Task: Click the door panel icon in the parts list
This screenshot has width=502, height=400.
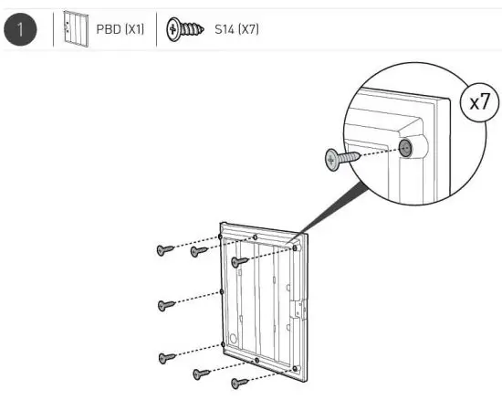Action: (70, 29)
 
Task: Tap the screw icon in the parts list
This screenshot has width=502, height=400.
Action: (184, 29)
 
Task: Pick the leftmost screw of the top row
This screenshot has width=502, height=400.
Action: (164, 249)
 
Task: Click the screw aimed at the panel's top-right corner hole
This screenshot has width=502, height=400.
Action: (239, 262)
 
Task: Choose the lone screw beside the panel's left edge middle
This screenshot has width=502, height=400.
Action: (166, 304)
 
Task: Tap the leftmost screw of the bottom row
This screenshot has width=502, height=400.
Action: (166, 357)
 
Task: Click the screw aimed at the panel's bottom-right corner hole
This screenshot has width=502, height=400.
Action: (240, 383)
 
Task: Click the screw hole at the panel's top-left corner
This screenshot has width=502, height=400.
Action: (221, 237)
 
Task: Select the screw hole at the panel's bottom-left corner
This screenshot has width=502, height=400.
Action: (223, 345)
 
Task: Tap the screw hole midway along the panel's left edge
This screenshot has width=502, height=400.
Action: (222, 292)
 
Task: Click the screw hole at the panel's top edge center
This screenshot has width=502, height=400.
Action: (256, 241)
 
